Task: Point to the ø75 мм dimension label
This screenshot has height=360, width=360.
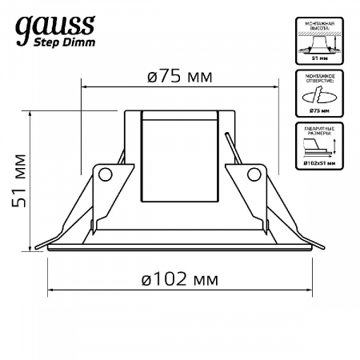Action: (179, 77)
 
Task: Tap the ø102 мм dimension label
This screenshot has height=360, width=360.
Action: (179, 279)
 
